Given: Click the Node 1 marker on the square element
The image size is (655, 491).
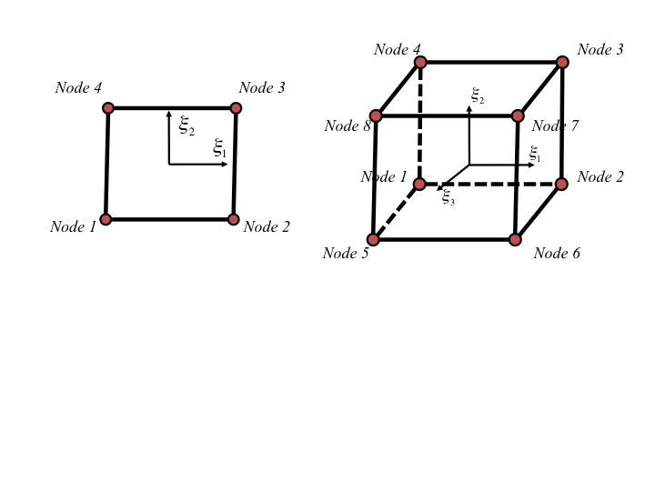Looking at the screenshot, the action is [106, 219].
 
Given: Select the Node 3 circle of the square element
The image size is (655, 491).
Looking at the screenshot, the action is [236, 108].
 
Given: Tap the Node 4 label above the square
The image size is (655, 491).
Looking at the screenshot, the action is [78, 87].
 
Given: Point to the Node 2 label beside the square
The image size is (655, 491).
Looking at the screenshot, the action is [267, 226].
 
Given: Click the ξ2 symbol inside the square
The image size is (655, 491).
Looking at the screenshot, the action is [186, 125].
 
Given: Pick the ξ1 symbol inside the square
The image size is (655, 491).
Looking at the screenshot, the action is [219, 148].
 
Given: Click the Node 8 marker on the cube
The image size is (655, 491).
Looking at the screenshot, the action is [376, 115].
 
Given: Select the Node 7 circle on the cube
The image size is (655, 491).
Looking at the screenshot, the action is [518, 115].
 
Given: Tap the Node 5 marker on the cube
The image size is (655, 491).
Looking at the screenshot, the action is [373, 239].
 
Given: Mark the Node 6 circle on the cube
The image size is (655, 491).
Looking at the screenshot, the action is [515, 239].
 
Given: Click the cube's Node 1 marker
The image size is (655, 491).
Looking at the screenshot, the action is [419, 184].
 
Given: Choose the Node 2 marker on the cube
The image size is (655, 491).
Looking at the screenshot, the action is [562, 184].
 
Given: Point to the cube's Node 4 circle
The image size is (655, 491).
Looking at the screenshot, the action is [420, 62].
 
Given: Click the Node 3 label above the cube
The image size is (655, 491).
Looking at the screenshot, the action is [600, 50].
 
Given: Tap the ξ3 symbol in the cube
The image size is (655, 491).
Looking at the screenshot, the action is [448, 197].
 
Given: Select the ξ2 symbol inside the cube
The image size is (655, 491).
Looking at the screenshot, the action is [478, 95].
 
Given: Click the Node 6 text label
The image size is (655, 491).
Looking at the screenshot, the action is [557, 253].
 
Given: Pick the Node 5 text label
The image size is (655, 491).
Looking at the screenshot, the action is [346, 253].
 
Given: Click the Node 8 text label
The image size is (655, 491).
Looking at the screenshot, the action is [348, 125].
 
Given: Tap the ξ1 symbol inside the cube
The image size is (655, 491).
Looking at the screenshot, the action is [535, 154].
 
